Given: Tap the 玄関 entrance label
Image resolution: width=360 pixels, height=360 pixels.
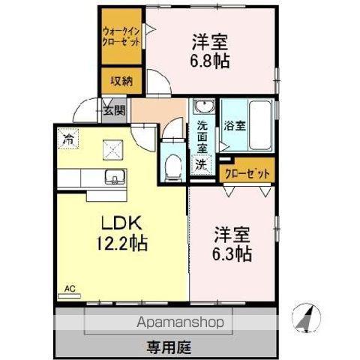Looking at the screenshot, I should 114,112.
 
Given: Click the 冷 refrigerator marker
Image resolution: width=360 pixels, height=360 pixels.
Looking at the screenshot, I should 69,139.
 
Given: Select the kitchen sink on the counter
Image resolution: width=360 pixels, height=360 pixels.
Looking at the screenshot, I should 115,177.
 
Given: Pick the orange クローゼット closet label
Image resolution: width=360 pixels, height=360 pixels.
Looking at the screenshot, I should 247,172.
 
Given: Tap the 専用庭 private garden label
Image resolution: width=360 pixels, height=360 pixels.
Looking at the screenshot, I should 169,346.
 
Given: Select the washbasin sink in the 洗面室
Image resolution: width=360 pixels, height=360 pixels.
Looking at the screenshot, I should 202,107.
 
